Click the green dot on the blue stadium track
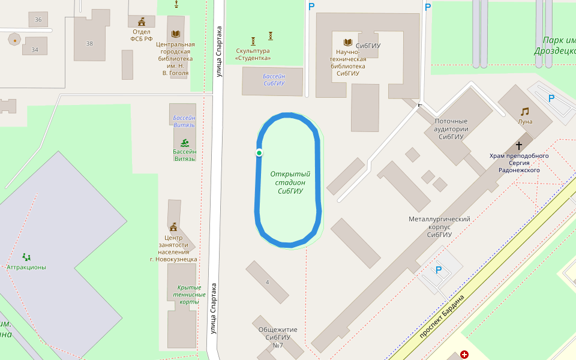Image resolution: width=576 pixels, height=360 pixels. [x=259, y=153]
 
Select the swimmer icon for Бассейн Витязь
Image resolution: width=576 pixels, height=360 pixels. [x=185, y=142]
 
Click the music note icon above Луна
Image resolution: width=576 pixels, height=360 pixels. [x=525, y=112]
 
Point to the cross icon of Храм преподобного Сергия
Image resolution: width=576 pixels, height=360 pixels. [x=519, y=146]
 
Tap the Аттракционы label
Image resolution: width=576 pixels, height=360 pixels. [x=26, y=267]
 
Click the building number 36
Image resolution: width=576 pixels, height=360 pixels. [x=38, y=20]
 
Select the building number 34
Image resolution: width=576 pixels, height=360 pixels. [x=35, y=49]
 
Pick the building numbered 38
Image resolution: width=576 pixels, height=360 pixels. [x=89, y=43]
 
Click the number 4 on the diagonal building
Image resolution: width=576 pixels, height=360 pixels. [x=267, y=281]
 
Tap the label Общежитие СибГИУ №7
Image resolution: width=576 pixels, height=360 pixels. [x=278, y=337]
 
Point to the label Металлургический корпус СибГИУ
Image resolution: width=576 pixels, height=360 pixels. [x=439, y=227]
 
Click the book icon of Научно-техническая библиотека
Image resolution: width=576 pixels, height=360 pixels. [x=347, y=42]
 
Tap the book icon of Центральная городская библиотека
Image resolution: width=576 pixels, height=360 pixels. [x=175, y=34]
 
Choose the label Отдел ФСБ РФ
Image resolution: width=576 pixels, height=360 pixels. [x=142, y=35]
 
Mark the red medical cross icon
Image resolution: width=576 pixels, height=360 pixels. [x=464, y=355]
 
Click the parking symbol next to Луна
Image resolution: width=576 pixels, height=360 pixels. [x=551, y=99]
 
